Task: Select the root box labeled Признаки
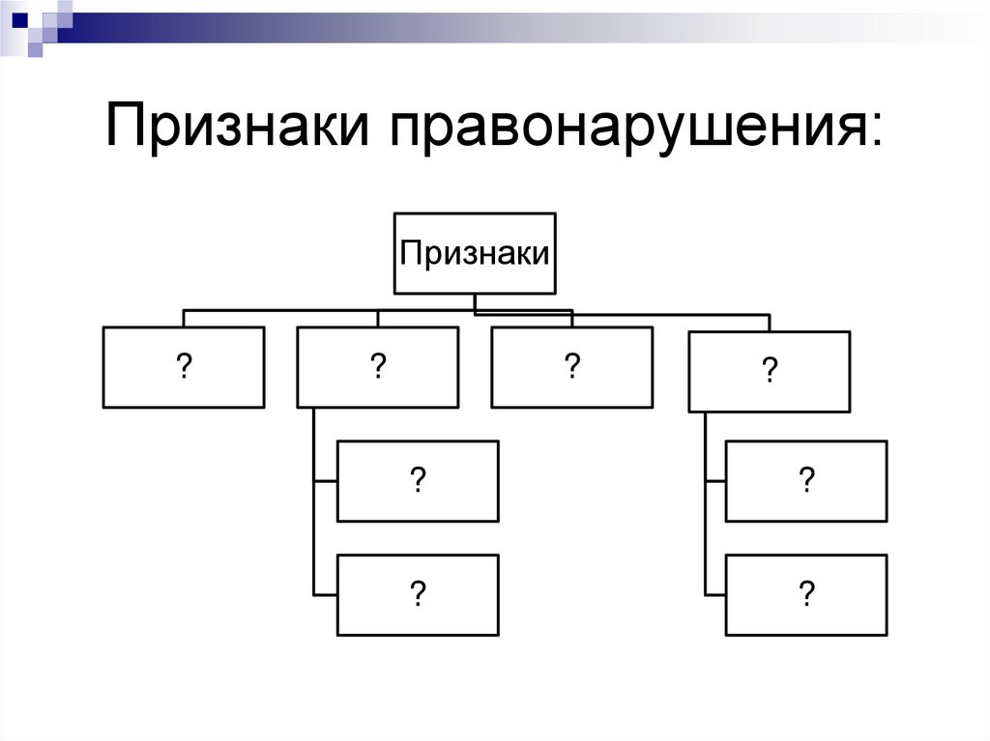(475, 253)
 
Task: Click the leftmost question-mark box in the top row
(183, 367)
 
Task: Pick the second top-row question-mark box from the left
(377, 367)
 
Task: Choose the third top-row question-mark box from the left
(571, 367)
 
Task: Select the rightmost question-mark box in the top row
(769, 372)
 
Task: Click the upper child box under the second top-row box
(418, 481)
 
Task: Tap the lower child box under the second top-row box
(418, 594)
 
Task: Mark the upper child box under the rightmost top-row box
(806, 481)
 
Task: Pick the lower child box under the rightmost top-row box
(806, 594)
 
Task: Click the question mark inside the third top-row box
(571, 367)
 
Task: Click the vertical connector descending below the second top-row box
(315, 502)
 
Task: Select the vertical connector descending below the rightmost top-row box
(706, 502)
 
